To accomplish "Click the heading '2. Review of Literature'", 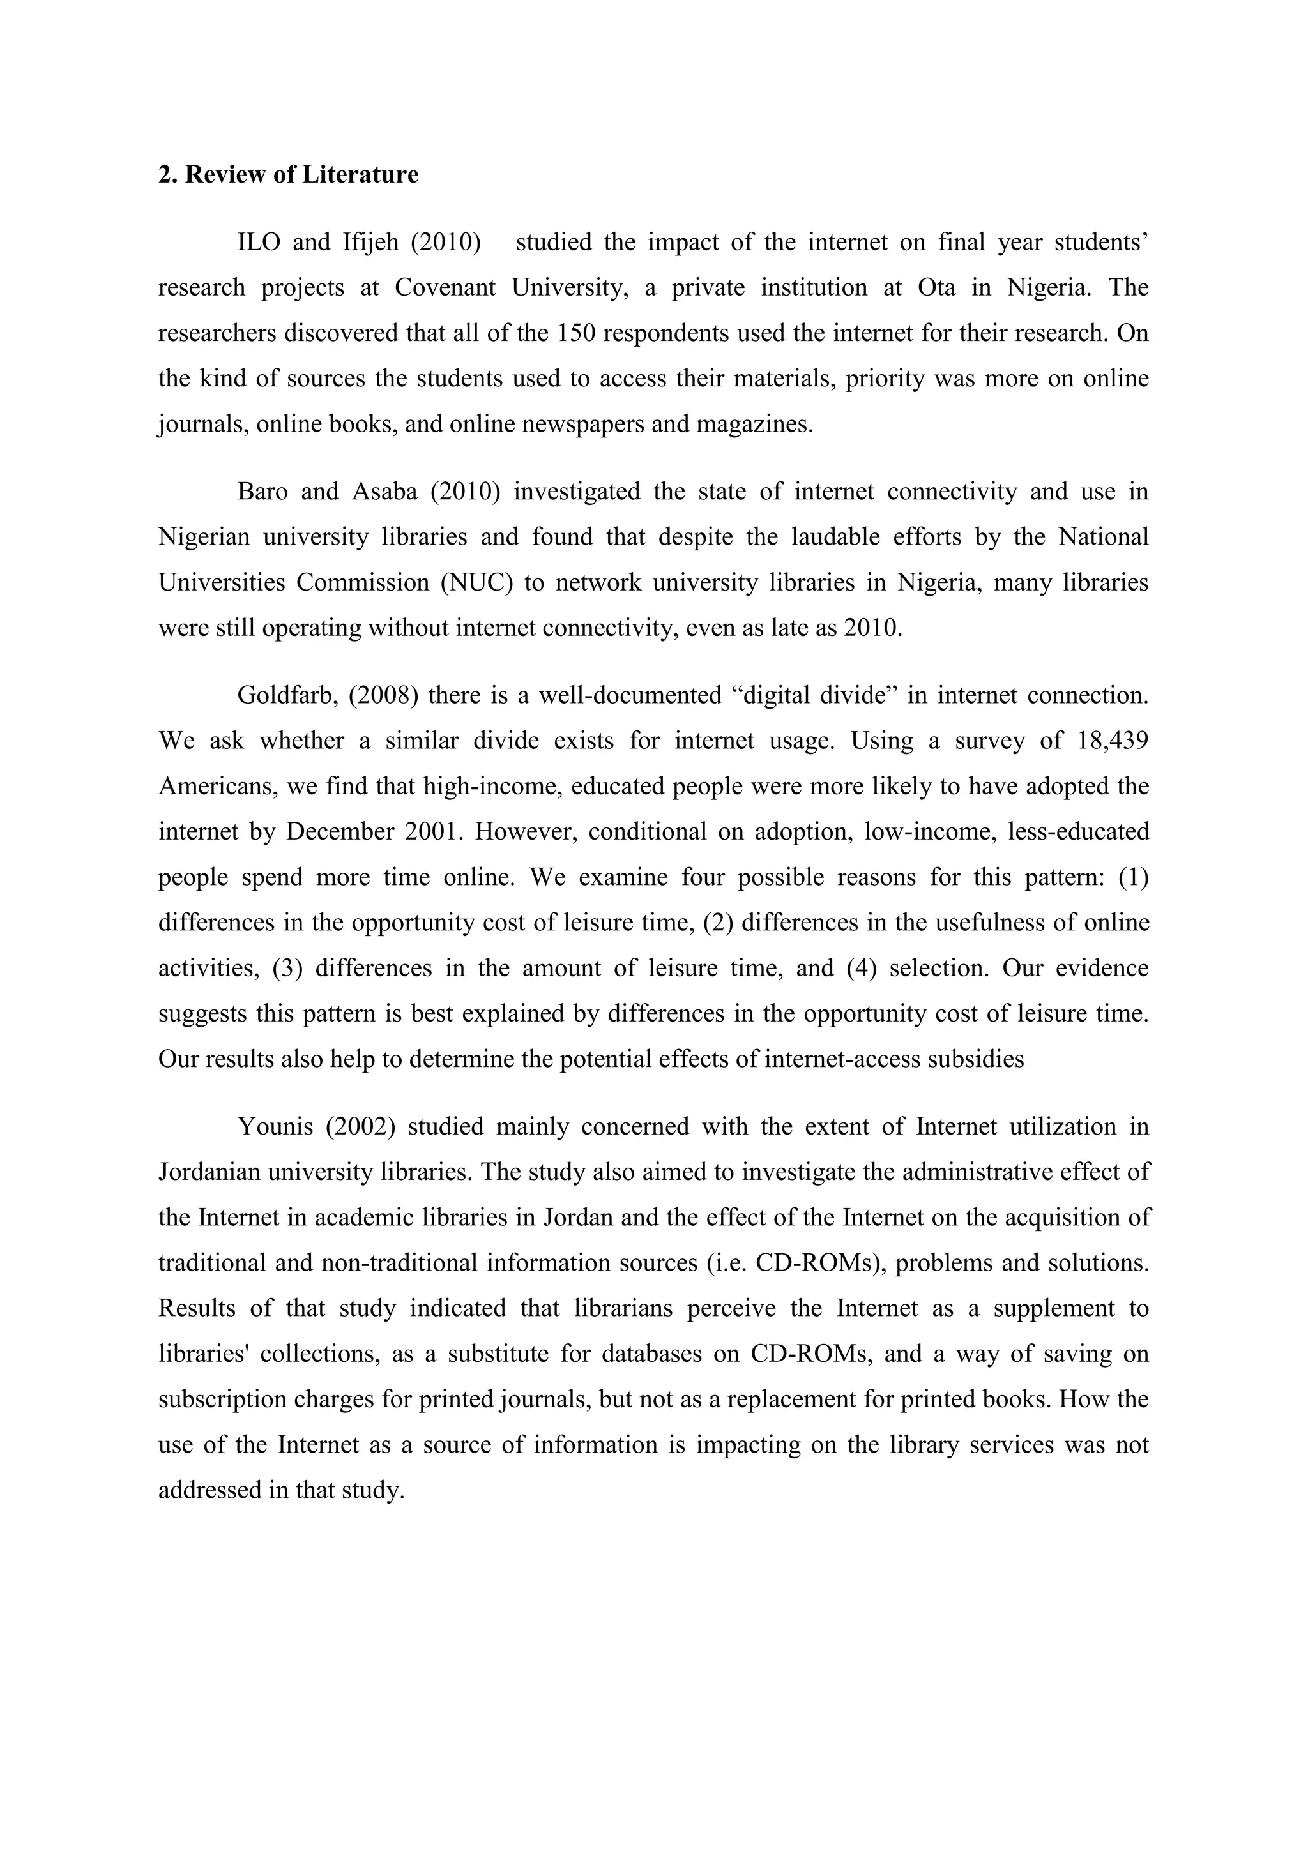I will click(287, 175).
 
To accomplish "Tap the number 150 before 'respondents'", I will click(575, 333).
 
